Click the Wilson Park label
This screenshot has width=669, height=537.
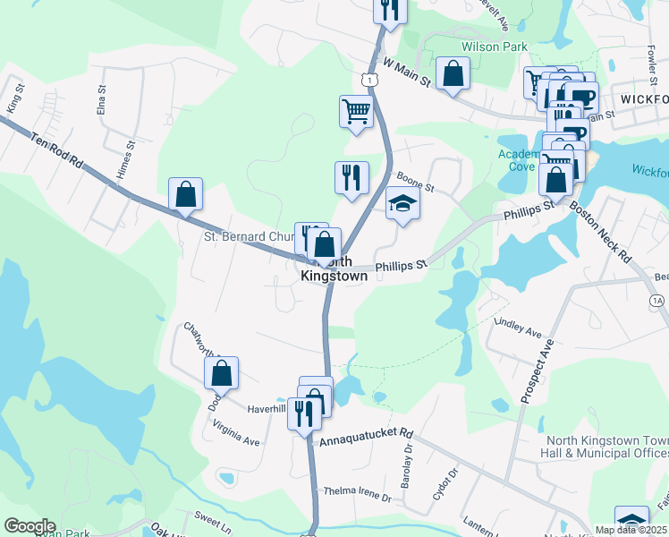pos(495,47)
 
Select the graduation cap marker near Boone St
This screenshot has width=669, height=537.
pos(402,205)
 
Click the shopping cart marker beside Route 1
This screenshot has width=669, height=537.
pos(356,113)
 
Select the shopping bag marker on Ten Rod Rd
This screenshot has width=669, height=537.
pos(185,194)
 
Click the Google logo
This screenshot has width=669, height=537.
pos(30,526)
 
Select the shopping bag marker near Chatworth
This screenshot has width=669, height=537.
pos(222,372)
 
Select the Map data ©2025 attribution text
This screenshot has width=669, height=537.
pos(631,530)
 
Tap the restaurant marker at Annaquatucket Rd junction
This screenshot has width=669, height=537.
pos(304,413)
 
